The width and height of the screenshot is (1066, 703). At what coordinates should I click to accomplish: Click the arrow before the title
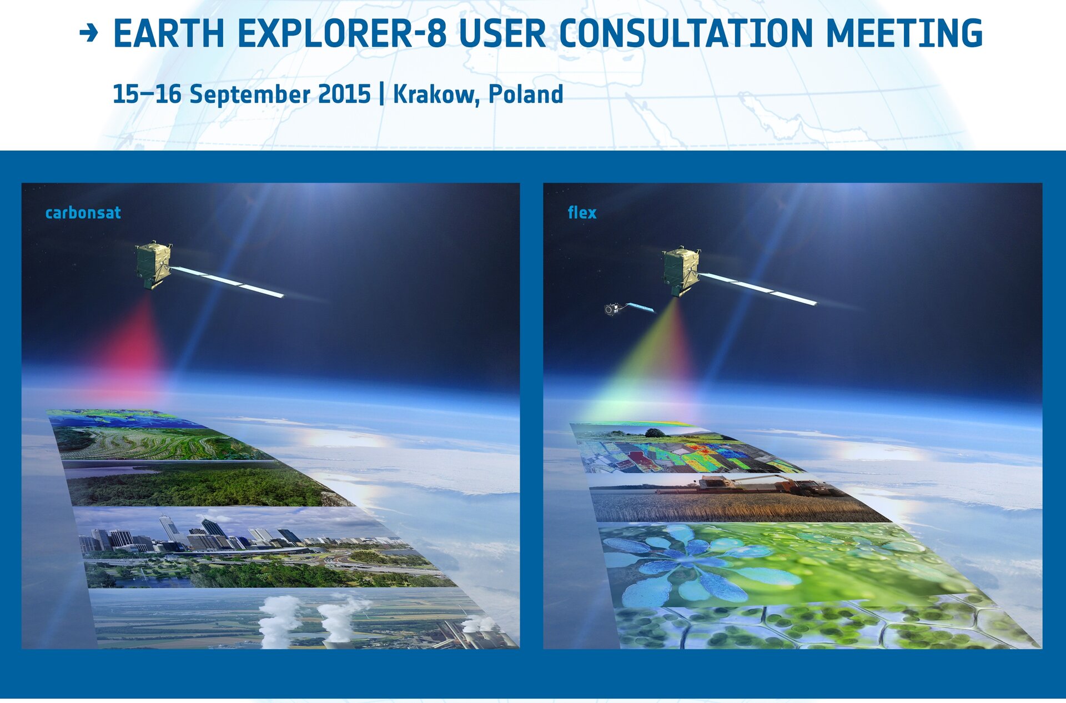[x=89, y=33]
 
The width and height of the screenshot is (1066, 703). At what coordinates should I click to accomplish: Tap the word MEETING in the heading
[x=904, y=34]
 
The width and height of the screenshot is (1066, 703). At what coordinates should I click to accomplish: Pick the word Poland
[x=526, y=94]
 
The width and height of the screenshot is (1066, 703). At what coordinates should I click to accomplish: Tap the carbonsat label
[x=83, y=213]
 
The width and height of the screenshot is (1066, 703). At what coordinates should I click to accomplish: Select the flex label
[x=582, y=212]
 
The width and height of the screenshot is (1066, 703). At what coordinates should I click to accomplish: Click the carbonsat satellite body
[x=153, y=264]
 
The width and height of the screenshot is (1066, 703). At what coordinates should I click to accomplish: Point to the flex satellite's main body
[x=681, y=272]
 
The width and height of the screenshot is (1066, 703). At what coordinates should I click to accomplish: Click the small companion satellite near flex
[x=612, y=309]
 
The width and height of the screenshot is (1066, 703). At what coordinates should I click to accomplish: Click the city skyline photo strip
[x=261, y=547]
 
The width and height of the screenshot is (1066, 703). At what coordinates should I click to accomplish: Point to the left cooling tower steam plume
[x=278, y=619]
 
